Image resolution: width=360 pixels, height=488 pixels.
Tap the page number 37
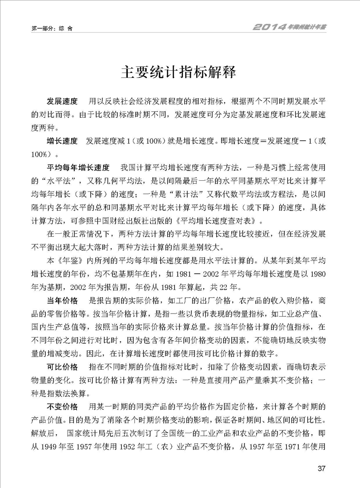pos(322,468)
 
